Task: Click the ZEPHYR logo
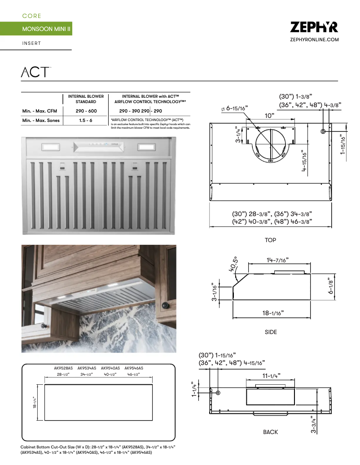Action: (x=314, y=27)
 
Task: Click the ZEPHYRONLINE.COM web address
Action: (x=314, y=40)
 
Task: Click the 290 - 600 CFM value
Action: (x=86, y=111)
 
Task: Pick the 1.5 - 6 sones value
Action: (x=86, y=121)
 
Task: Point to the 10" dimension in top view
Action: (x=269, y=116)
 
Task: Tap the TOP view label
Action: (x=270, y=240)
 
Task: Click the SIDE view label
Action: (x=271, y=332)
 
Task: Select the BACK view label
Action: (x=270, y=432)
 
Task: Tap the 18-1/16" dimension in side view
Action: (x=273, y=313)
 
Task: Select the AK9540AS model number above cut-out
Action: (x=110, y=368)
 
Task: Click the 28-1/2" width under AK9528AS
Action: (x=63, y=374)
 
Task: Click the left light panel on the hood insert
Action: (x=49, y=147)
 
